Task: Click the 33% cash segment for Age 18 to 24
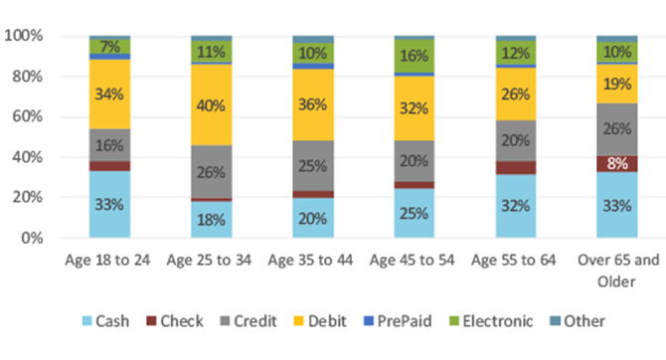pyautogui.click(x=109, y=205)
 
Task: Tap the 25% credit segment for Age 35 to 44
pyautogui.click(x=313, y=165)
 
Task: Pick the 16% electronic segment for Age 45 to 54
pyautogui.click(x=415, y=57)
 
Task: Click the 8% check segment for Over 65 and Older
pyautogui.click(x=616, y=163)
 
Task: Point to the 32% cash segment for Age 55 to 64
pyautogui.click(x=516, y=206)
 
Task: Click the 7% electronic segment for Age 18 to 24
pyautogui.click(x=109, y=46)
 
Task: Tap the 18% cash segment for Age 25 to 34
pyautogui.click(x=211, y=220)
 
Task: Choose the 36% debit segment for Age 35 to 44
pyautogui.click(x=313, y=104)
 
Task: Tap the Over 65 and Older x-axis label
pyautogui.click(x=616, y=269)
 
